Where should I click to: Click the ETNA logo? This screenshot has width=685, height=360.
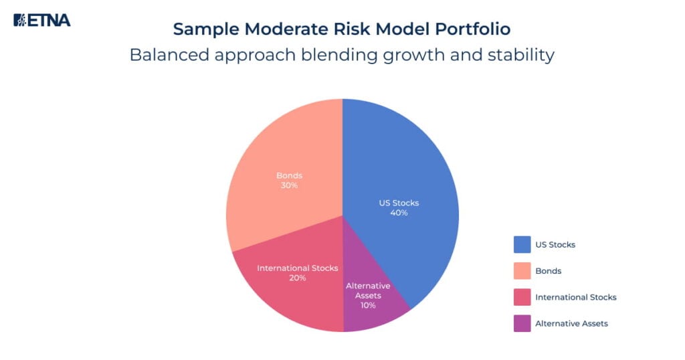point(41,19)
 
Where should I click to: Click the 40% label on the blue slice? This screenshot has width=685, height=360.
point(399,213)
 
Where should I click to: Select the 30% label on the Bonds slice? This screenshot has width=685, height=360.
point(289,185)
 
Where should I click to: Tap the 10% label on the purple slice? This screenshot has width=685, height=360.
point(367,305)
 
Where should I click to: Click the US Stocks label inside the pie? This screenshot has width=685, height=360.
point(399,203)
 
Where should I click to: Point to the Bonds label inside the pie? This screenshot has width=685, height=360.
point(289,175)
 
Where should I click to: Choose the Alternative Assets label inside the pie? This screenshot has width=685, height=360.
point(367,290)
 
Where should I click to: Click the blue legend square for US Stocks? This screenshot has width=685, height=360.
point(522,245)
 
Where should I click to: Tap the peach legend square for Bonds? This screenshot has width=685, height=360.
point(522,271)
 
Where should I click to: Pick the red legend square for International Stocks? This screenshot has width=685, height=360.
point(522,297)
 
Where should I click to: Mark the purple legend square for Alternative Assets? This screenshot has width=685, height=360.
point(522,323)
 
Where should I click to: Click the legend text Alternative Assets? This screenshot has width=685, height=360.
point(571,323)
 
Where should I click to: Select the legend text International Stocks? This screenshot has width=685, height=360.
point(575,297)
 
